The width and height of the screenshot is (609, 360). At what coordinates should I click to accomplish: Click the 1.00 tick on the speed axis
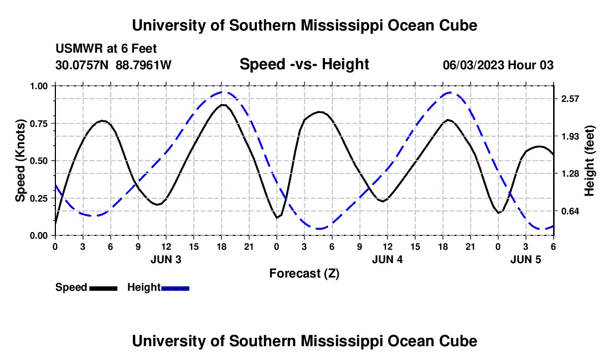pyautogui.click(x=40, y=86)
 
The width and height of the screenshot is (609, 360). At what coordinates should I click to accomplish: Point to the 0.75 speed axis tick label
pyautogui.click(x=40, y=124)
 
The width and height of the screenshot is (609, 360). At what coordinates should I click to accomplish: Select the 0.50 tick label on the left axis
pyautogui.click(x=40, y=161)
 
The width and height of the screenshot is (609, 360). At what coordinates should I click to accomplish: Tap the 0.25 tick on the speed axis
pyautogui.click(x=40, y=198)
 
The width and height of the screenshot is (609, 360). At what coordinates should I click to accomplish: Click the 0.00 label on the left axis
pyautogui.click(x=40, y=235)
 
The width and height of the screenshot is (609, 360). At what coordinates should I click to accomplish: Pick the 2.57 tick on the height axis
pyautogui.click(x=570, y=99)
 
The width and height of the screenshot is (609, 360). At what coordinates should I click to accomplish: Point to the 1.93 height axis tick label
pyautogui.click(x=570, y=136)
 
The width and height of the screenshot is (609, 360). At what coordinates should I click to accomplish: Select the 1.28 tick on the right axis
pyautogui.click(x=570, y=174)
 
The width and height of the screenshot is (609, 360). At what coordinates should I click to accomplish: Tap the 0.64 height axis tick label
pyautogui.click(x=570, y=211)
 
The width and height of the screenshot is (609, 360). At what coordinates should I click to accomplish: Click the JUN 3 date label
pyautogui.click(x=166, y=259)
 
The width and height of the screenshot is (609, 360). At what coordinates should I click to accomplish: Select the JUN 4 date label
pyautogui.click(x=387, y=259)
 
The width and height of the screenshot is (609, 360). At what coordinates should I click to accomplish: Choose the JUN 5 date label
pyautogui.click(x=525, y=259)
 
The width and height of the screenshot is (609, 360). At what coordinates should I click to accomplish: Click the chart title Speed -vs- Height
pyautogui.click(x=304, y=64)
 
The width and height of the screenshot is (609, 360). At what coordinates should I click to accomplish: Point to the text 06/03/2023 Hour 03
pyautogui.click(x=498, y=65)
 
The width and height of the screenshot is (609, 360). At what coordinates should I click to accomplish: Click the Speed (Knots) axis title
pyautogui.click(x=20, y=161)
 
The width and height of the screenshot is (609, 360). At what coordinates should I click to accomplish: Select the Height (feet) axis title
pyautogui.click(x=589, y=161)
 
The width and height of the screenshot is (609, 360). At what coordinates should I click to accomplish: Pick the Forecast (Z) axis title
pyautogui.click(x=304, y=273)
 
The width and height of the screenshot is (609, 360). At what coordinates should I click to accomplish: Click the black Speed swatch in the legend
pyautogui.click(x=103, y=287)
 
